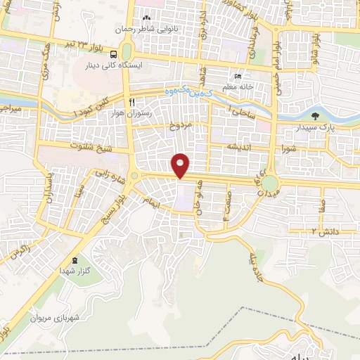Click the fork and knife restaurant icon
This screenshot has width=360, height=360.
(x=131, y=101)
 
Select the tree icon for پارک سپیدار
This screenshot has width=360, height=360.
(x=314, y=117)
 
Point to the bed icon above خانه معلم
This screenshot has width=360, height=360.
(x=238, y=77)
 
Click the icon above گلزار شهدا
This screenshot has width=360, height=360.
(x=84, y=260)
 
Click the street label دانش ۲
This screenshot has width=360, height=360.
(x=326, y=231)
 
